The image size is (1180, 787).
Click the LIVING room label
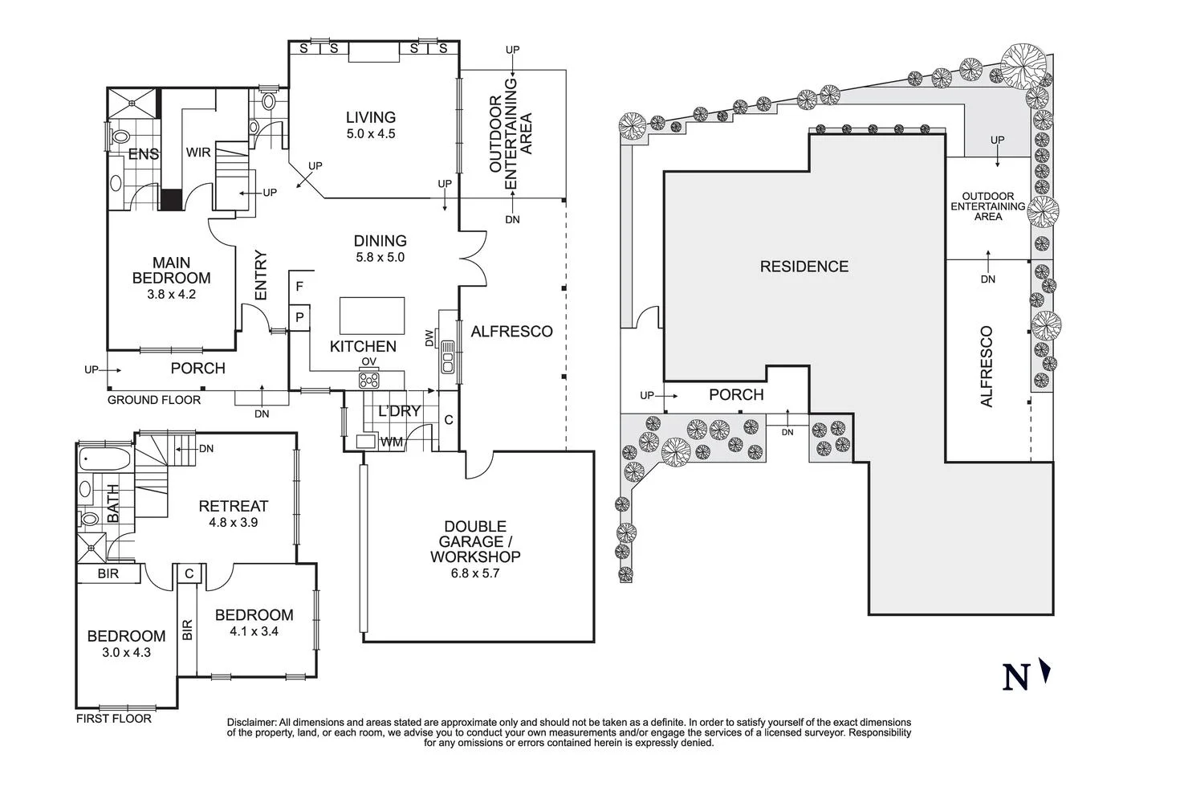pyautogui.click(x=371, y=117)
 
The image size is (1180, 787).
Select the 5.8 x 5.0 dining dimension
pyautogui.click(x=380, y=258)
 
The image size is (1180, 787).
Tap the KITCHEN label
pyautogui.click(x=363, y=346)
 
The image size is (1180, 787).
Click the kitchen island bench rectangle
pyautogui.click(x=372, y=315)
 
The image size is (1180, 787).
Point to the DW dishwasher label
pyautogui.click(x=429, y=338)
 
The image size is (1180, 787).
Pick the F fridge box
pyautogui.click(x=299, y=286)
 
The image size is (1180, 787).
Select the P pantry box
pyautogui.click(x=299, y=318)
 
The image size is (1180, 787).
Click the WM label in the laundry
pyautogui.click(x=392, y=442)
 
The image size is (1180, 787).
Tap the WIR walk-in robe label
pyautogui.click(x=198, y=153)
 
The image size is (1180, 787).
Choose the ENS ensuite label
pyautogui.click(x=144, y=154)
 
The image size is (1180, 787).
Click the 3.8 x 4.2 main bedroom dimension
pyautogui.click(x=171, y=294)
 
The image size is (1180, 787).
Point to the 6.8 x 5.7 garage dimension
pyautogui.click(x=475, y=573)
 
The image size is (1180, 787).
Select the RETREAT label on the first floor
pyautogui.click(x=233, y=506)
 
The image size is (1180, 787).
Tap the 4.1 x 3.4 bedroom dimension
pyautogui.click(x=254, y=631)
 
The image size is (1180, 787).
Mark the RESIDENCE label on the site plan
pyautogui.click(x=804, y=267)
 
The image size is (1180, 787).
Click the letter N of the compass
pyautogui.click(x=1015, y=678)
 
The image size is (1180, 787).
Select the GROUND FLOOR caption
pyautogui.click(x=154, y=400)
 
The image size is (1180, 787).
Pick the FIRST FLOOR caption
pyautogui.click(x=113, y=719)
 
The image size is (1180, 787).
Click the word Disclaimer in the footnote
pyautogui.click(x=252, y=722)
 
